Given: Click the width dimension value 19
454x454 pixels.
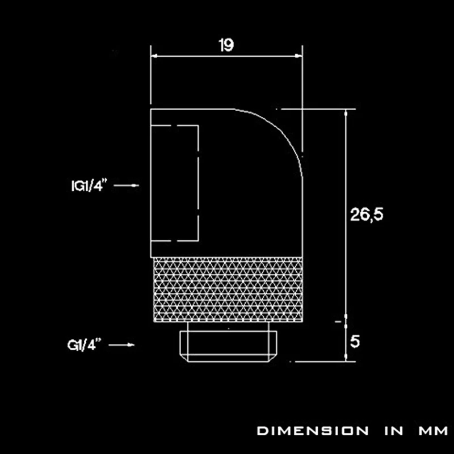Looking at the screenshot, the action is pyautogui.click(x=226, y=45).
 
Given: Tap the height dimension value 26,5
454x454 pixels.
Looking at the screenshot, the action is pyautogui.click(x=367, y=215).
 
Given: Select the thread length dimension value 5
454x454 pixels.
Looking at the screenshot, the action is pyautogui.click(x=355, y=342).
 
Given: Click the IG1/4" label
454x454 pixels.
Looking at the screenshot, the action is pyautogui.click(x=89, y=186).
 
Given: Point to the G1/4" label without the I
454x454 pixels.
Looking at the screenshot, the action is pyautogui.click(x=85, y=344).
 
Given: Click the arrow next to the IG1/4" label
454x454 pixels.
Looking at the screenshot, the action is pyautogui.click(x=126, y=186).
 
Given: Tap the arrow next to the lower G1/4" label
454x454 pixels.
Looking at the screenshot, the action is pyautogui.click(x=121, y=344).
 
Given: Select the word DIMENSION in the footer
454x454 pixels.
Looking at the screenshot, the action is pyautogui.click(x=313, y=431).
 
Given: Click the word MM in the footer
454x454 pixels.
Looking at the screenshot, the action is pyautogui.click(x=433, y=431).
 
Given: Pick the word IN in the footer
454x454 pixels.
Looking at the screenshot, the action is pyautogui.click(x=394, y=431).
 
